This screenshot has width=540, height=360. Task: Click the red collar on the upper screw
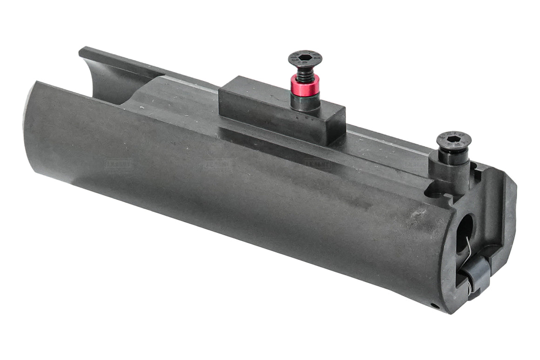pyautogui.click(x=304, y=84)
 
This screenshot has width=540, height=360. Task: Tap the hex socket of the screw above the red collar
pyautogui.click(x=305, y=58)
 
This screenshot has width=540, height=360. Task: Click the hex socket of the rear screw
pyautogui.click(x=453, y=138)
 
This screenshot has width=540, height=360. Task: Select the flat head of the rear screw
pyautogui.click(x=454, y=139)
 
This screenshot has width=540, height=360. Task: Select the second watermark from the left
pyautogui.click(x=217, y=164)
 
